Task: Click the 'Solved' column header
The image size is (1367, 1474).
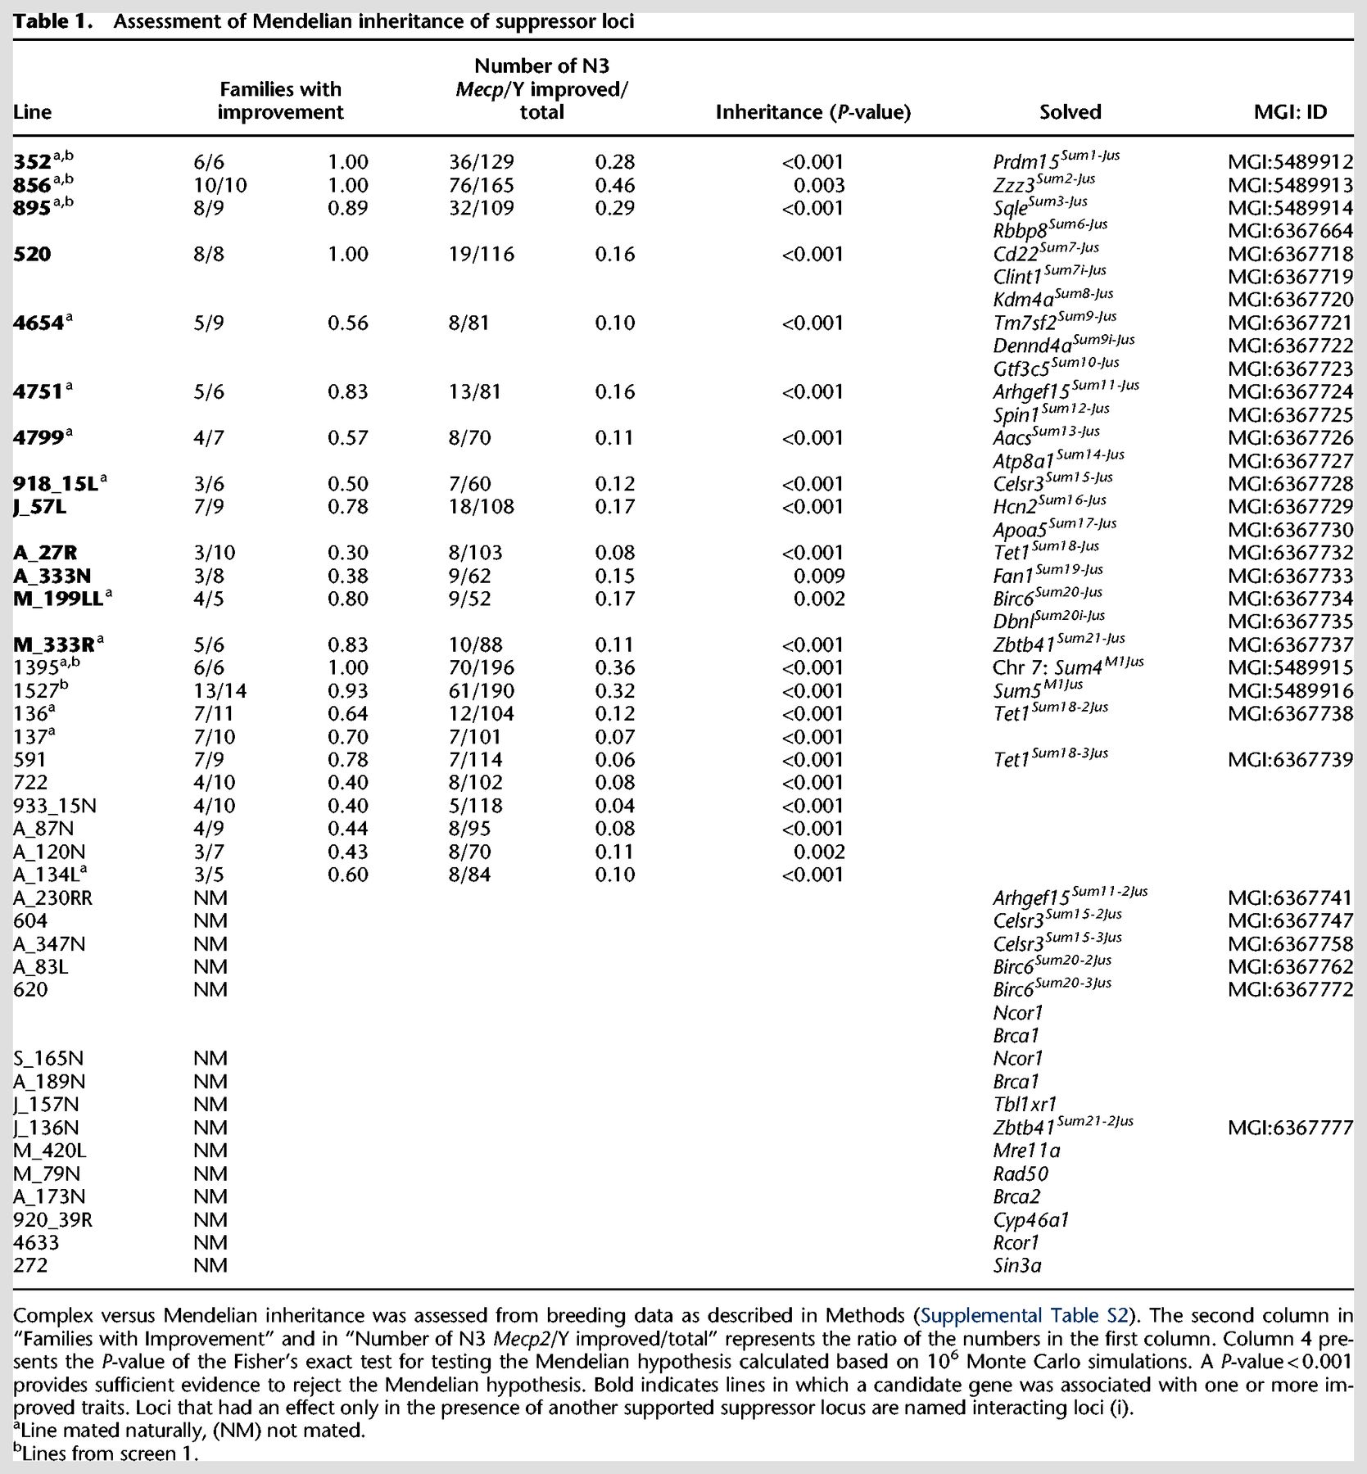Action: pyautogui.click(x=1070, y=112)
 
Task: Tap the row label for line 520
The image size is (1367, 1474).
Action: pyautogui.click(x=32, y=255)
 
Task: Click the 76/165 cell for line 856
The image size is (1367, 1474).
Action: pyautogui.click(x=482, y=186)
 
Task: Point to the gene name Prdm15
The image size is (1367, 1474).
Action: pyautogui.click(x=1025, y=164)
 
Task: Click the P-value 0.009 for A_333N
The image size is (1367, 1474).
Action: pyautogui.click(x=818, y=576)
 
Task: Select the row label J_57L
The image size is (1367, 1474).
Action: pyautogui.click(x=40, y=508)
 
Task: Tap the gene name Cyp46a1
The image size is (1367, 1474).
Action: pyautogui.click(x=1030, y=1220)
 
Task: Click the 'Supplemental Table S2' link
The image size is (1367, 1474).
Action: pyautogui.click(x=1025, y=1316)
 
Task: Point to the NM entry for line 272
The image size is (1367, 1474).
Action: pyautogui.click(x=210, y=1266)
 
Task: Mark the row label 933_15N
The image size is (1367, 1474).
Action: pyautogui.click(x=55, y=807)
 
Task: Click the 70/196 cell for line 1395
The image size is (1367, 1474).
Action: pyautogui.click(x=482, y=668)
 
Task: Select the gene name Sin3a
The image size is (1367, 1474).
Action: pyautogui.click(x=1017, y=1266)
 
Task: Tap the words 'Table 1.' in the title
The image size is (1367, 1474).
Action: pyautogui.click(x=53, y=22)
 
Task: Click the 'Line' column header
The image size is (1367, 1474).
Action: pyautogui.click(x=32, y=113)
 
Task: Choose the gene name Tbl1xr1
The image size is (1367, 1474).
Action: pyautogui.click(x=1025, y=1105)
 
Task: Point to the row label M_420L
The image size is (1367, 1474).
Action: pyautogui.click(x=50, y=1151)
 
